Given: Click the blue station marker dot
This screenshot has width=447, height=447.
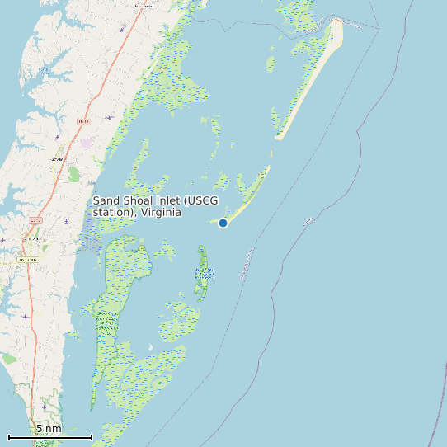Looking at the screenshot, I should [223, 223].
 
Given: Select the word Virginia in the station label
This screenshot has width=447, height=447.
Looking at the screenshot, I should [160, 213].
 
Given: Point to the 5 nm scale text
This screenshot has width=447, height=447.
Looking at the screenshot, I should [48, 429].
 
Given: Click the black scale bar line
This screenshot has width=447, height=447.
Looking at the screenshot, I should [49, 436].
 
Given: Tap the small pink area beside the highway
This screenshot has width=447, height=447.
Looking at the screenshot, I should [87, 143].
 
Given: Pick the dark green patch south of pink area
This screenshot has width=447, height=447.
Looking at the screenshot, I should [74, 174].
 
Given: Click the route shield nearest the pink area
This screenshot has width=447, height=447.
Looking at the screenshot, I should [82, 121].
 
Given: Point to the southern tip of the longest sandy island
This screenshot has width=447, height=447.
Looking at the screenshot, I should [279, 137].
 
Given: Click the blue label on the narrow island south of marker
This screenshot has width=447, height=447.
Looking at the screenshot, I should [203, 271].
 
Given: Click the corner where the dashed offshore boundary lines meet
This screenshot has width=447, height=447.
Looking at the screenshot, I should [379, 29].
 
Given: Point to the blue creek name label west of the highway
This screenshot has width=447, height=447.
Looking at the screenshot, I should [58, 138].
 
